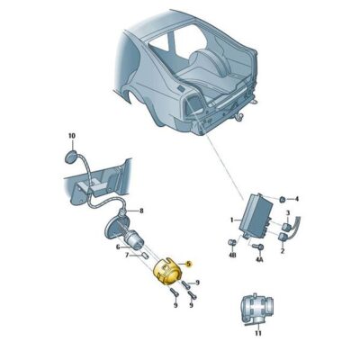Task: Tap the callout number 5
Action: [190, 263]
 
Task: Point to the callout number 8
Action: [140, 211]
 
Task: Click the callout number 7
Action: [128, 256]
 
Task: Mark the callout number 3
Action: [288, 212]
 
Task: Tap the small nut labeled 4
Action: [282, 197]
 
